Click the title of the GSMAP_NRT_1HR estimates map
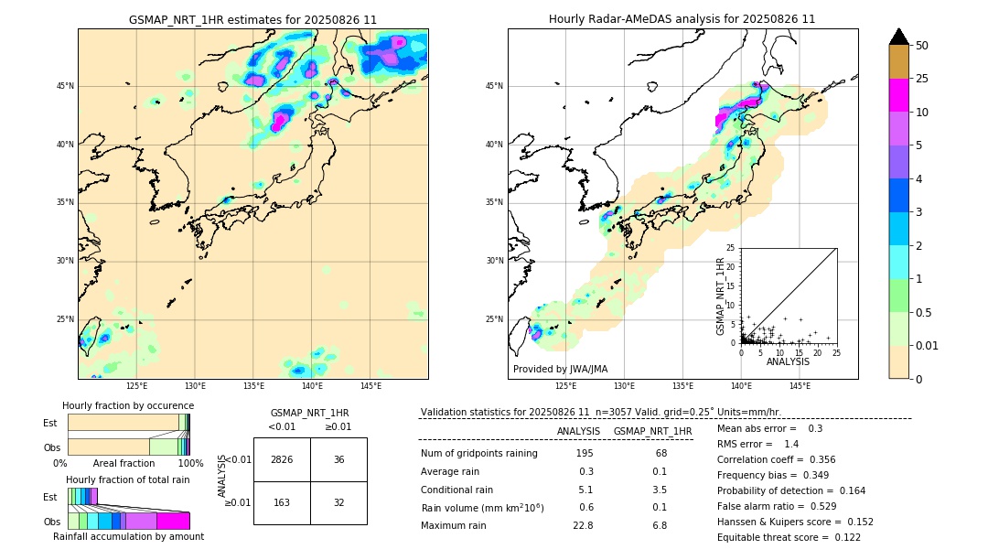[252, 19]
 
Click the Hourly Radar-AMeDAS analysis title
[682, 19]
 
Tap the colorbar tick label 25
[922, 79]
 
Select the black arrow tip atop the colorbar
[899, 36]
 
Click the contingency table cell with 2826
[282, 459]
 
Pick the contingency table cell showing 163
[282, 502]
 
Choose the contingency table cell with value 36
[338, 459]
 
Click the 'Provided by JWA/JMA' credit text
[560, 370]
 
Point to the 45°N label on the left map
[65, 86]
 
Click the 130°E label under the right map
[624, 386]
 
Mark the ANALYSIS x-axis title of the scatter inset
[788, 361]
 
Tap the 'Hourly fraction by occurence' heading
[128, 405]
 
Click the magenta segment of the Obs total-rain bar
[173, 521]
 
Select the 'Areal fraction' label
[123, 464]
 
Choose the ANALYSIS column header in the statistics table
[578, 431]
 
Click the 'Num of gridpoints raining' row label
[478, 454]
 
